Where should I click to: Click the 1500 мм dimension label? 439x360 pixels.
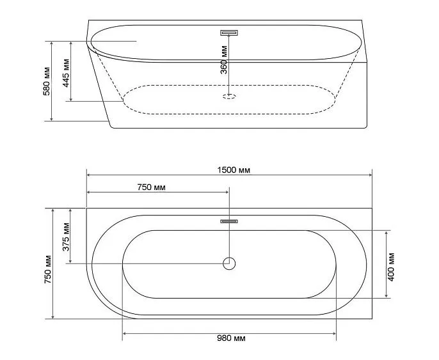click(234, 170)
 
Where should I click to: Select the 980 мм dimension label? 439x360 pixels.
click(231, 338)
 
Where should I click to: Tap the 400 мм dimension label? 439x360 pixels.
click(391, 267)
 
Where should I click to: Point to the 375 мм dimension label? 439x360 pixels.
click(66, 237)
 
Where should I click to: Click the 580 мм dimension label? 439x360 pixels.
click(47, 81)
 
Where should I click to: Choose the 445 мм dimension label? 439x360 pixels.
click(66, 73)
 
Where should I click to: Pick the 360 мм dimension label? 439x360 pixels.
click(224, 59)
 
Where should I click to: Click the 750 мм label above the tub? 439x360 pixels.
click(152, 187)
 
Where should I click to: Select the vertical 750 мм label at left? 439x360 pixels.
click(48, 269)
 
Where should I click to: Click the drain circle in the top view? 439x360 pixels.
click(229, 263)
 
